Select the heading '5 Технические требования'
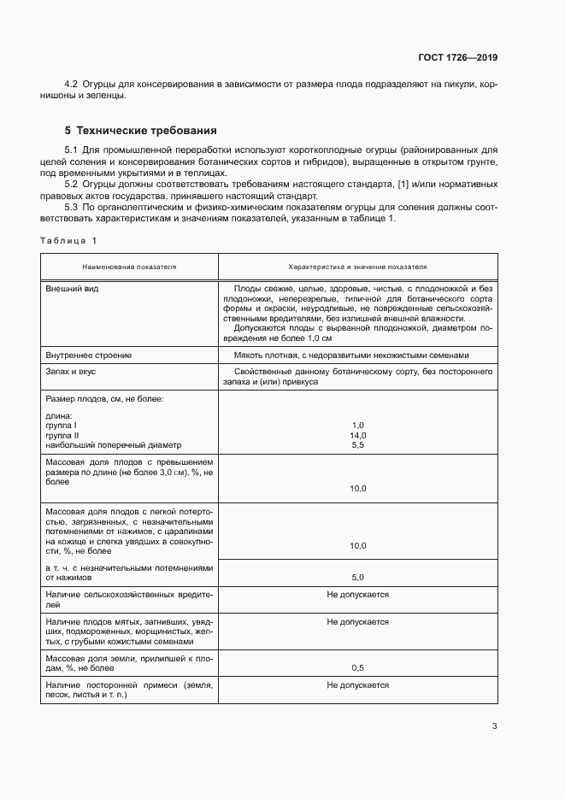tap(141, 131)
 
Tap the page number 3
tap(494, 727)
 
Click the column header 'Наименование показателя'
tap(129, 267)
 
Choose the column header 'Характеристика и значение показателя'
tap(357, 267)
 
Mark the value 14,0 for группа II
tap(358, 435)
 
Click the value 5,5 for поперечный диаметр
tap(358, 445)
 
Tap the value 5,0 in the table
tap(358, 577)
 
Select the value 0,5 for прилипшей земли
tap(358, 667)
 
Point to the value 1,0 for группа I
tap(358, 425)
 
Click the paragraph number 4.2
tap(72, 85)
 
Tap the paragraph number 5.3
tap(72, 207)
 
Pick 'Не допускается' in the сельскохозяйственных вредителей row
tap(357, 594)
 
